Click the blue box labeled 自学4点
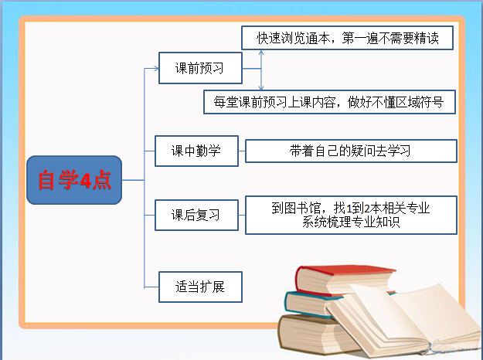pos(74,180)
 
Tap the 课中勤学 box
pos(196,151)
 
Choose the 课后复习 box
pos(196,215)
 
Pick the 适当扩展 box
pos(200,287)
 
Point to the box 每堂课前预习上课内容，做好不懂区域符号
pos(329,101)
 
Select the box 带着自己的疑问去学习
pos(350,151)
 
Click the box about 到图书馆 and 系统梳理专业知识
pos(350,215)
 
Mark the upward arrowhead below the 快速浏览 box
pos(261,55)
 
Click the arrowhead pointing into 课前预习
pos(154,68)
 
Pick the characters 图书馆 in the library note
pos(304,208)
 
